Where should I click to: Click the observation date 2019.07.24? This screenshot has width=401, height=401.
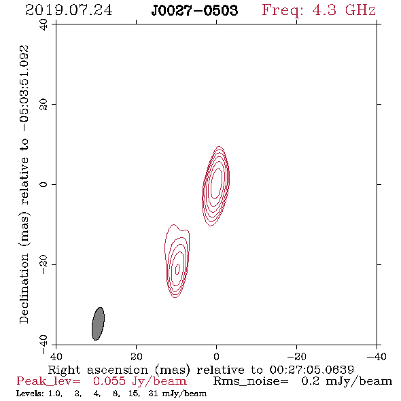point(69,10)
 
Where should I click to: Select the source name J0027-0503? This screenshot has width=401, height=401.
point(194,10)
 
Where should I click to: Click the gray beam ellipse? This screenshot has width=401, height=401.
point(98,324)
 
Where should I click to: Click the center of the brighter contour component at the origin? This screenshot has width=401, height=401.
point(216,184)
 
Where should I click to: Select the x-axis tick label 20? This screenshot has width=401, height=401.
point(136,356)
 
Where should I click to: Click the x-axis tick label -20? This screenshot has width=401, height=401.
point(296,356)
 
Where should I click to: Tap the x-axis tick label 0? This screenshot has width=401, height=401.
point(216,356)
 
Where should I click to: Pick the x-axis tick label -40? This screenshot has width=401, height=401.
point(377,356)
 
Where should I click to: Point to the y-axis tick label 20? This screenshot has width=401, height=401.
point(43,105)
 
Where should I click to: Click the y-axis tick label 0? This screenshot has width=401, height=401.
point(43,184)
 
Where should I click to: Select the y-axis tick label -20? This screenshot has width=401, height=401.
point(43,264)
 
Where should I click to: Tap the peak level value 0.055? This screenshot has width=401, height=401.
point(109,381)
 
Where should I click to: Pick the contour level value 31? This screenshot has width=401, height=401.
point(153,394)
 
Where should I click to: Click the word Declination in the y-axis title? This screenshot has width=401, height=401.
point(24,289)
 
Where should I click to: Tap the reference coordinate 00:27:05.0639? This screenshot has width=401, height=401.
point(311,370)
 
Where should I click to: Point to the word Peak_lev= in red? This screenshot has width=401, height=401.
point(48,381)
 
